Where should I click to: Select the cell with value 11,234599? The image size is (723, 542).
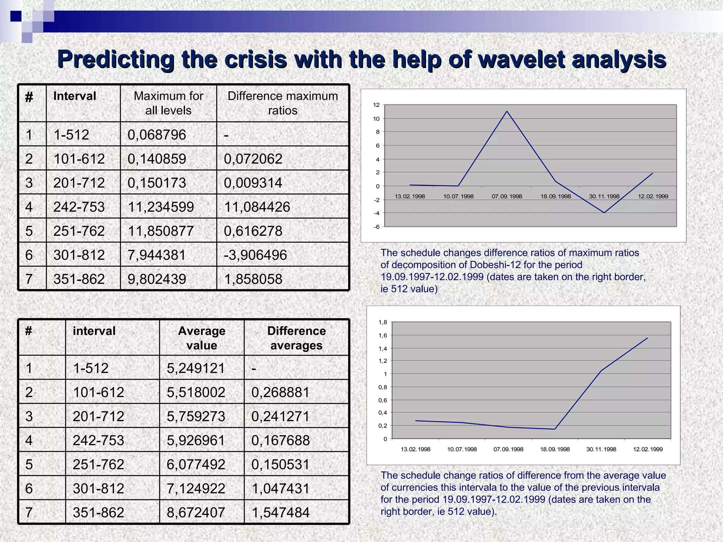tap(161, 207)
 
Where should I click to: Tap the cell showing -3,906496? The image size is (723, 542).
tap(255, 255)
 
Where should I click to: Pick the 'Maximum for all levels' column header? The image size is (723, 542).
tap(168, 103)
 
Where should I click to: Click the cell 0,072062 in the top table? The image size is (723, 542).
tap(253, 159)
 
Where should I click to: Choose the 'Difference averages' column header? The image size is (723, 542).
tap(296, 338)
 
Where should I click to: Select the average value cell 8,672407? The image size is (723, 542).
tap(196, 512)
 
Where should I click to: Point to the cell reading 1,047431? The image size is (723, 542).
tap(280, 488)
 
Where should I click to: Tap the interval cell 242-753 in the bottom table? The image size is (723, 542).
tap(98, 440)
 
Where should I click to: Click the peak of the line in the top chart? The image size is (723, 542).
tap(507, 112)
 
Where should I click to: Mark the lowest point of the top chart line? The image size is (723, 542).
tap(604, 213)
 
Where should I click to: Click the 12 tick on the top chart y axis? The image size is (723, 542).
tap(376, 105)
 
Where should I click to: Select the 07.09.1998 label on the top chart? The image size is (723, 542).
tap(507, 197)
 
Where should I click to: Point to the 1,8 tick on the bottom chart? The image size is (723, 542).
tap(383, 322)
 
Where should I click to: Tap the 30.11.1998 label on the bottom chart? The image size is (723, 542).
tap(601, 449)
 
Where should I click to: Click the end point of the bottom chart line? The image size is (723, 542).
tap(647, 338)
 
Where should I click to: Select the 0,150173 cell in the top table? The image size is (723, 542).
tap(157, 183)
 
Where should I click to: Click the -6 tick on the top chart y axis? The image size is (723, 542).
tap(377, 227)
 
